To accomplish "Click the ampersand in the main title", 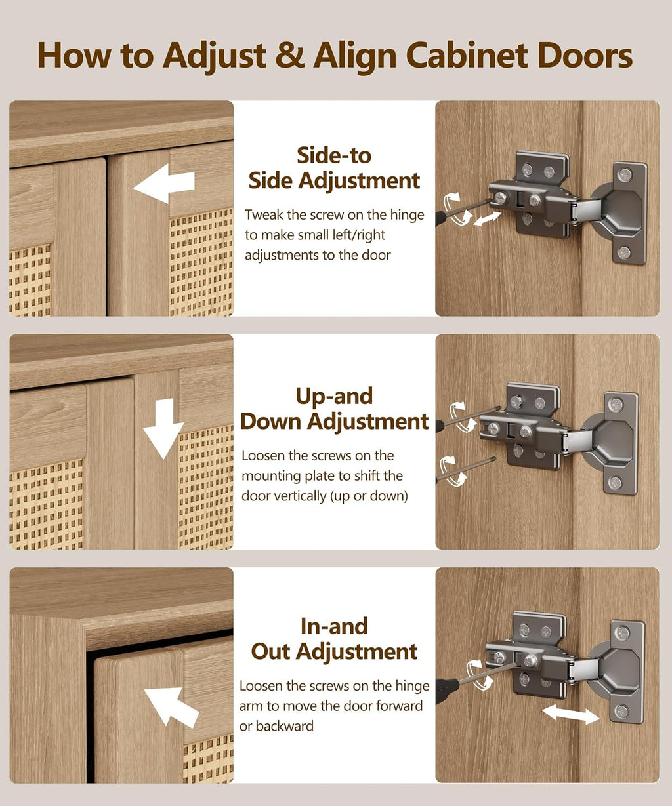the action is (x=289, y=56).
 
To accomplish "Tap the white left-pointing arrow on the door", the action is (x=164, y=183).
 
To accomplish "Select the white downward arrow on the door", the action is (x=163, y=428).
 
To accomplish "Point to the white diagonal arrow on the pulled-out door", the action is (x=171, y=707).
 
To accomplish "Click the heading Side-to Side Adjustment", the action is (x=334, y=168).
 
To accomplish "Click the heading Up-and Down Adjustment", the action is (x=335, y=409).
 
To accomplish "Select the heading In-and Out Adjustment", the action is (x=334, y=639).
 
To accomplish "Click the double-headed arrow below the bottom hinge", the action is (x=571, y=714).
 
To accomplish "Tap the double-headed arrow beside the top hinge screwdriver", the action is (x=487, y=219).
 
